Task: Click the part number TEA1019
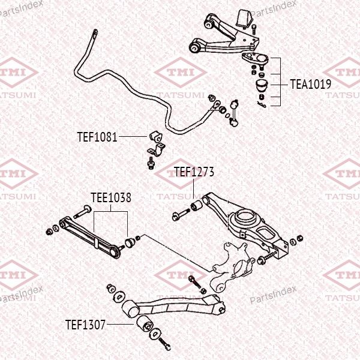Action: coord(311,84)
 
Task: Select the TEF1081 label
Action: coord(97,137)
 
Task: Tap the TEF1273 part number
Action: coord(194,172)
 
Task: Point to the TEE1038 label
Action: coord(111,197)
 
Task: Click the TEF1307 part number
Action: coord(85,325)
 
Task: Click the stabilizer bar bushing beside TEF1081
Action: coord(155,136)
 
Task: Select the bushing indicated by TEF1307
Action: coord(145,323)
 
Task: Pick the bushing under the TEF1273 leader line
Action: coord(196,206)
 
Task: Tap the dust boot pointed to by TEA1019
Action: coord(262,85)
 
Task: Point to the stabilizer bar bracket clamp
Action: coord(157,150)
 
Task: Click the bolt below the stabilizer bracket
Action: coord(151,163)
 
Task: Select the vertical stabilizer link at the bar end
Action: coord(234,113)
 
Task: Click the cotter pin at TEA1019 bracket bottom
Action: coord(262,104)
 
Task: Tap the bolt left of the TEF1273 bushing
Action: coord(181,214)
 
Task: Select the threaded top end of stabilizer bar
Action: coord(94,34)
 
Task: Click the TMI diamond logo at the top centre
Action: coord(181,73)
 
